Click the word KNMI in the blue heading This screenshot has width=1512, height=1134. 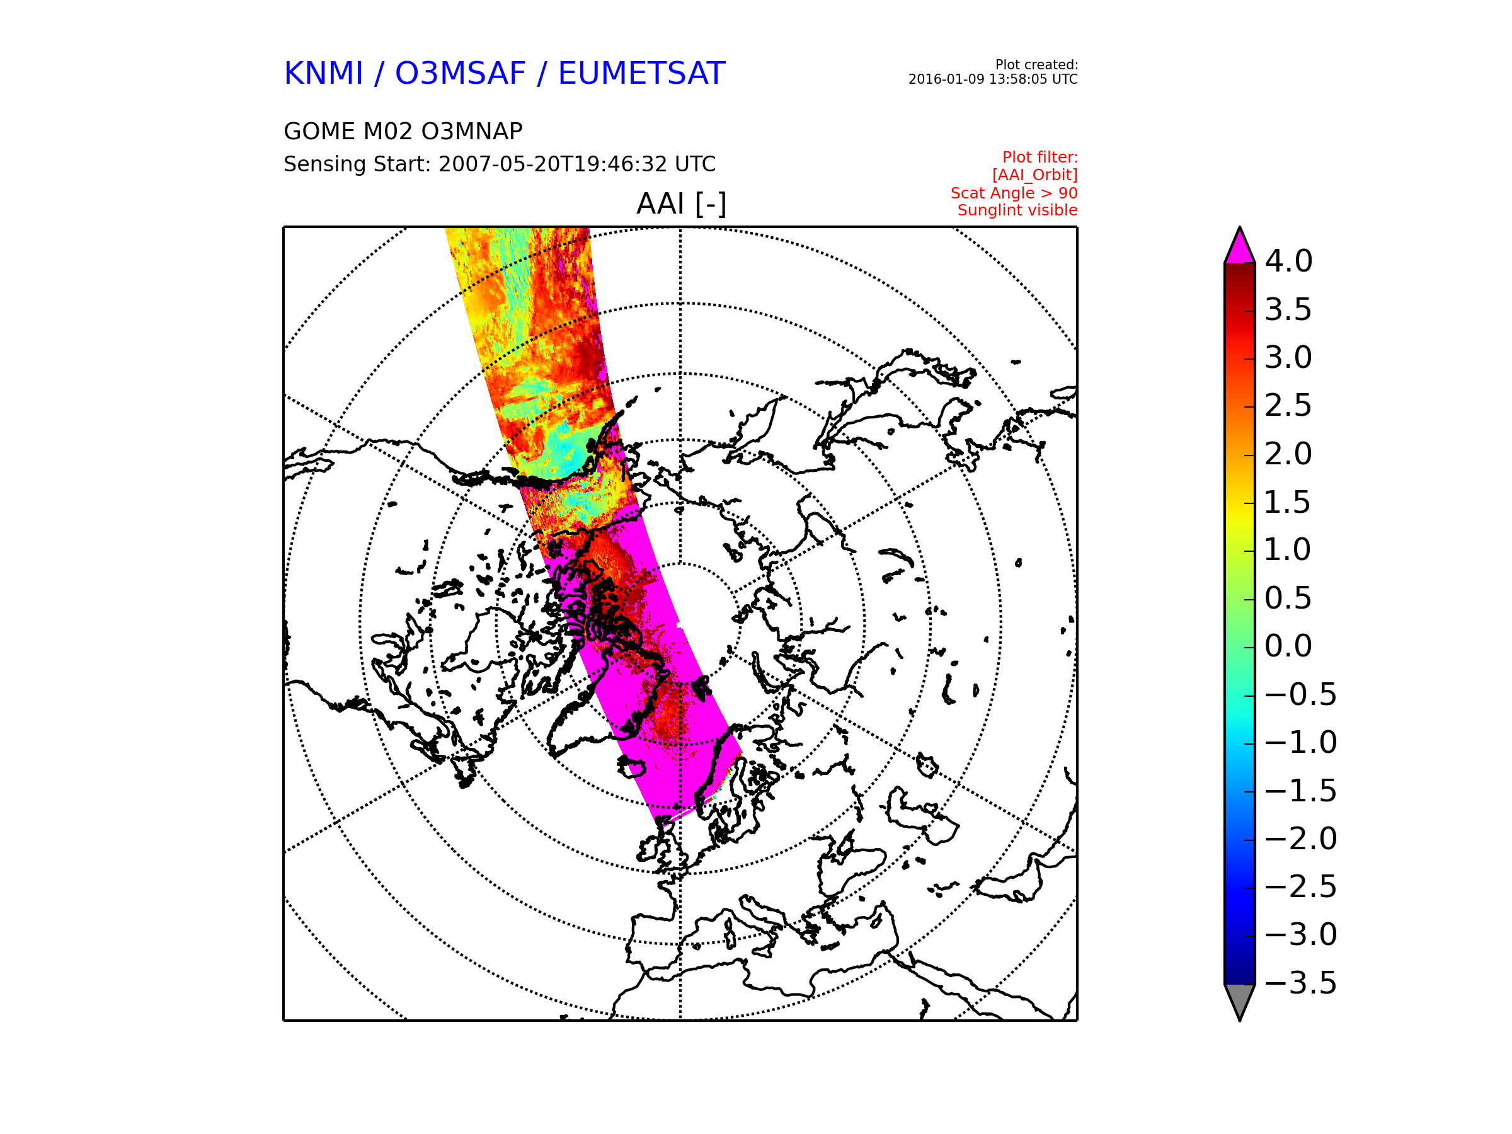click(x=323, y=74)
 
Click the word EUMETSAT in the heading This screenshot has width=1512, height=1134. click(x=641, y=74)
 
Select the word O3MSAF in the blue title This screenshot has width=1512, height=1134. click(x=460, y=74)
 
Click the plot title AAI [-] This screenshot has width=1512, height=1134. click(x=681, y=203)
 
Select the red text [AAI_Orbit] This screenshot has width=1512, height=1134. click(x=1034, y=176)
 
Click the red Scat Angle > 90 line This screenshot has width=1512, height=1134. click(x=1014, y=193)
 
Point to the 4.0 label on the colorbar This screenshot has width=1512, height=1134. click(x=1288, y=261)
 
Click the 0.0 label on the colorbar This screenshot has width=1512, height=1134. click(x=1288, y=646)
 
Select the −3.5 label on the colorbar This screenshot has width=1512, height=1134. click(x=1300, y=983)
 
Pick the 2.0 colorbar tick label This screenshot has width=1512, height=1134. click(x=1288, y=454)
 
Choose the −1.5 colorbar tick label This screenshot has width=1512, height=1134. click(x=1300, y=791)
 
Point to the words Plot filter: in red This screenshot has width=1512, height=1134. click(x=1039, y=158)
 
